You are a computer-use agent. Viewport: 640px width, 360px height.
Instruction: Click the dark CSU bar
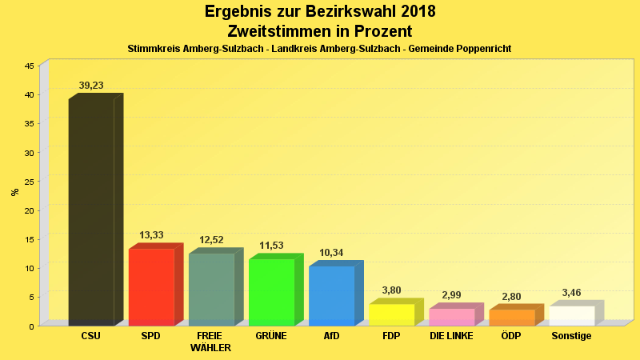point(91,212)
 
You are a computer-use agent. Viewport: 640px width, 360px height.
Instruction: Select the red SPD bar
point(151,286)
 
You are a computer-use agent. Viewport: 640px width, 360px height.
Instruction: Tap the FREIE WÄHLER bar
point(211,289)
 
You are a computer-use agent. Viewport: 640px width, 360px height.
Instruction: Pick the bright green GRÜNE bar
point(271,292)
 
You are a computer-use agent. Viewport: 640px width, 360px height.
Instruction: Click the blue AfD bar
point(331,295)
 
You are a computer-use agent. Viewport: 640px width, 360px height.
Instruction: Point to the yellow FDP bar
point(391,314)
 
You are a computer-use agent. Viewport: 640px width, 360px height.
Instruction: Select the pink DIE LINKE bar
point(451,317)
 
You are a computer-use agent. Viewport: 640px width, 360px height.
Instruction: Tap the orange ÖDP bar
point(511,318)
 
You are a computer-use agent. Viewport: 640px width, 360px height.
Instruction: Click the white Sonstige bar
point(571,315)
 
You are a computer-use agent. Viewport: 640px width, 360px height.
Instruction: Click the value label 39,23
point(91,86)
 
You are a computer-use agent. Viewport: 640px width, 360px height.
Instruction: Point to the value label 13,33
point(151,235)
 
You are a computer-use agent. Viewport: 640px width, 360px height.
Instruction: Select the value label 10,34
point(331,253)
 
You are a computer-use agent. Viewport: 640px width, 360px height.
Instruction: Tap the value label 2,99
point(452,295)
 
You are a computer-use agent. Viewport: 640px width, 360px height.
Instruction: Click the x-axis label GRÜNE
point(271,336)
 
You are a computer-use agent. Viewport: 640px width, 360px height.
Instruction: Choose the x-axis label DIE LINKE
point(451,336)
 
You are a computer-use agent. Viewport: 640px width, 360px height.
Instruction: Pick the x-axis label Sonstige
point(571,336)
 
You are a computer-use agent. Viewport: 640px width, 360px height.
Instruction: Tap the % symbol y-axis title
point(14,192)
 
